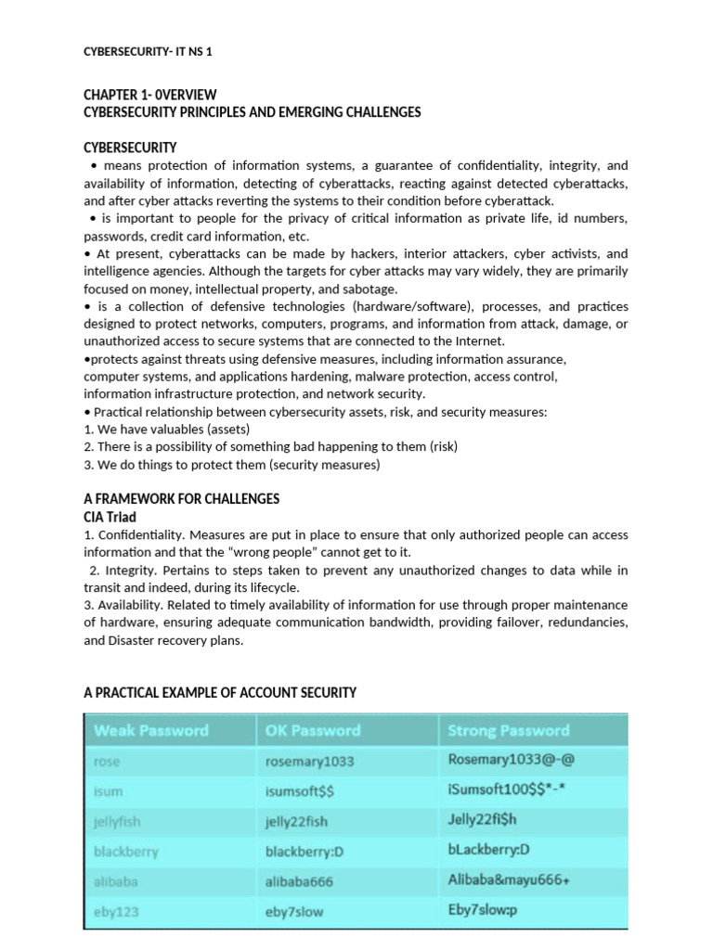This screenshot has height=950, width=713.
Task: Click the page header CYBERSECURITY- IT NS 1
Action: (148, 52)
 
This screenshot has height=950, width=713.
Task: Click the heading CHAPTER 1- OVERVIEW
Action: (150, 95)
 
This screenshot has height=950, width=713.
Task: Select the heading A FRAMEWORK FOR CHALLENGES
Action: (181, 499)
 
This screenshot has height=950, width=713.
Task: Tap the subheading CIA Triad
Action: (110, 517)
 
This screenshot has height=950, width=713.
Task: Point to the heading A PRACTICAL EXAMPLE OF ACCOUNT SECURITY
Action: (220, 693)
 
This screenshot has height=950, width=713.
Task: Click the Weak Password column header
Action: (151, 730)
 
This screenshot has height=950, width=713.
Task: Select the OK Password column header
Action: (313, 730)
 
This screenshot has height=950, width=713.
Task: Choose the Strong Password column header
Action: (509, 730)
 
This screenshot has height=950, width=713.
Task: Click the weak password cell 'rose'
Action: (107, 762)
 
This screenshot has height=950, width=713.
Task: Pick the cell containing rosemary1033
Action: (310, 762)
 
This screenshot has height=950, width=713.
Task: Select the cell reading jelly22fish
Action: (296, 821)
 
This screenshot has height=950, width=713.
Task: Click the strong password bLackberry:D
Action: (501, 851)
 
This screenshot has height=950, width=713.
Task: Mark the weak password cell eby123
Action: (116, 911)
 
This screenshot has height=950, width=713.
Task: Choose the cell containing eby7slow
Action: (294, 911)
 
